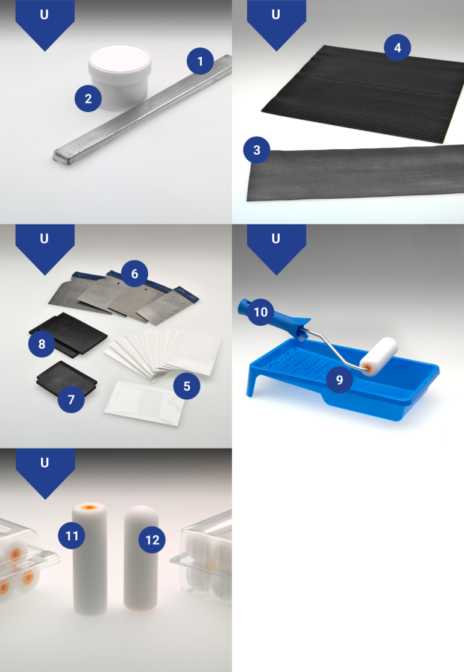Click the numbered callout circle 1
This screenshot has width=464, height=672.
tap(200, 61)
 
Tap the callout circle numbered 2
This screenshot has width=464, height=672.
tap(88, 99)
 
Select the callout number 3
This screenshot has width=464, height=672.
tap(257, 150)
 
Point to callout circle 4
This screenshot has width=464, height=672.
tap(397, 48)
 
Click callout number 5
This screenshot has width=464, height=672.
tap(187, 386)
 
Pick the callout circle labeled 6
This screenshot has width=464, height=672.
tap(134, 274)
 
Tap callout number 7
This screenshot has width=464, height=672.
tap(71, 399)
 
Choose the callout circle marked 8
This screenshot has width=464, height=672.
tap(42, 344)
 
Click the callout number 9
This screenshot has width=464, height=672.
tap(339, 380)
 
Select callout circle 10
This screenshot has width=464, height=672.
tap(260, 312)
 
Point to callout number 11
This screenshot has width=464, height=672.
tap(72, 535)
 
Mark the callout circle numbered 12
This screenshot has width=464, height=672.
tap(152, 540)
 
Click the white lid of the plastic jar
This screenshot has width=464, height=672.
tap(120, 59)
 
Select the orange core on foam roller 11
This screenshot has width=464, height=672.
tap(89, 508)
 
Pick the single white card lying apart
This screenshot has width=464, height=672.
tap(145, 403)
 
